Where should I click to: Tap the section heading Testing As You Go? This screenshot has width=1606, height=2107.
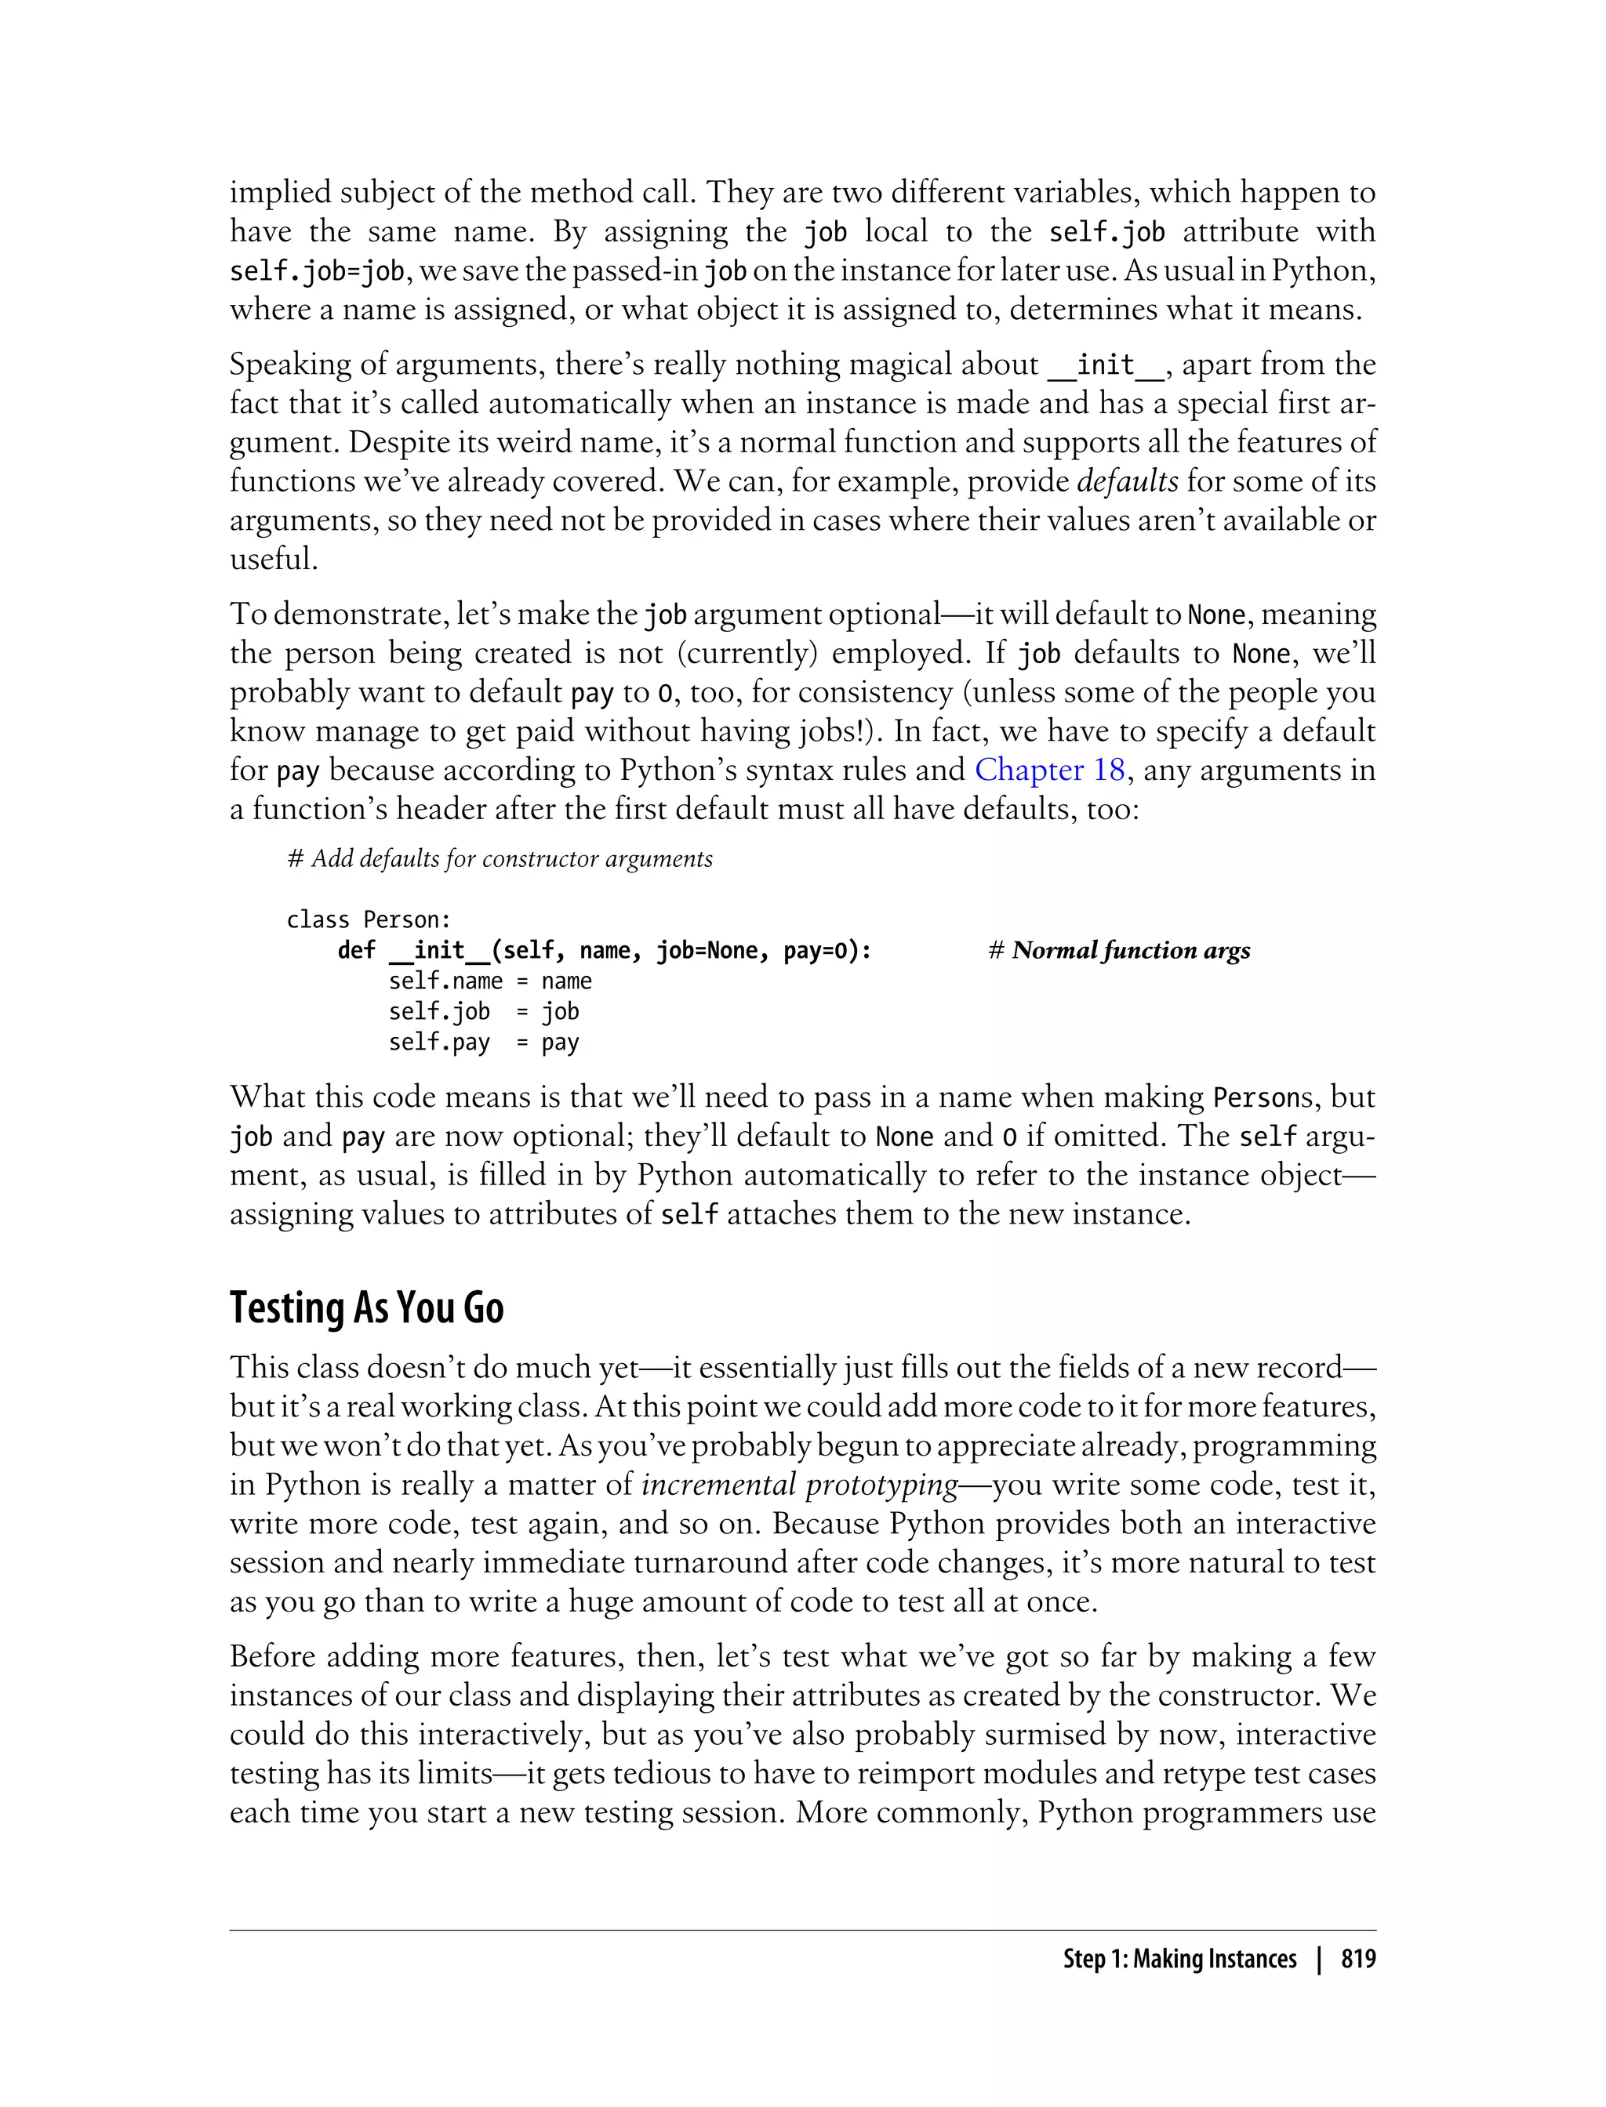coord(366,1308)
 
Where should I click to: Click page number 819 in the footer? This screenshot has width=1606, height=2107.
coord(1357,1960)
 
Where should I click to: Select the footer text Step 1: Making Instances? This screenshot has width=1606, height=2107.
coord(1179,1960)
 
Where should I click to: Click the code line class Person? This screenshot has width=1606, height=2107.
coord(368,920)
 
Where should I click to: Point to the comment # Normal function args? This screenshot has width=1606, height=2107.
coord(1118,951)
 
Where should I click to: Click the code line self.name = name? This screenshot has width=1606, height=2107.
coord(489,981)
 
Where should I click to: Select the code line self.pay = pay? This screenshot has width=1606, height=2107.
coord(483,1043)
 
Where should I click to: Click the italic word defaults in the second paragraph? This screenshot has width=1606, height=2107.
coord(1127,481)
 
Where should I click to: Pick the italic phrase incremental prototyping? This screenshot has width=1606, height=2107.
coord(799,1485)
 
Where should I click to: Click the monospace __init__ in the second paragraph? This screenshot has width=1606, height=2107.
coord(1106,365)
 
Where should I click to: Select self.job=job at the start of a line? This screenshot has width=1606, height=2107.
coord(318,272)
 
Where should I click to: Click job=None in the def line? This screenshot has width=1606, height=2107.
coord(707,951)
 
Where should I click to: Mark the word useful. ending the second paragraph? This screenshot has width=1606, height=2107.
coord(274,559)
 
